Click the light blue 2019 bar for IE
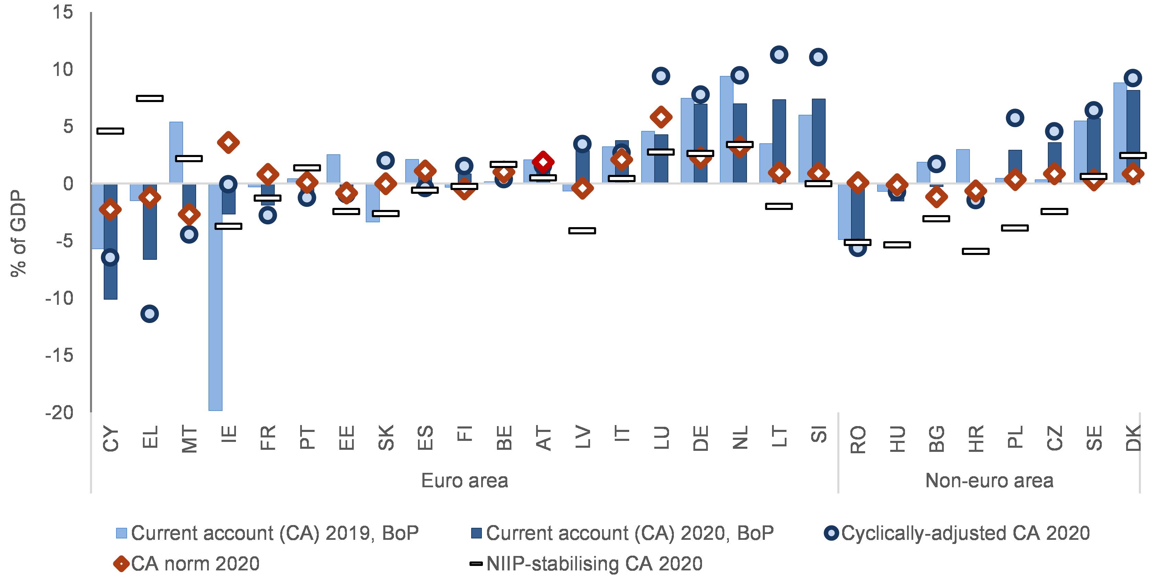pyautogui.click(x=215, y=296)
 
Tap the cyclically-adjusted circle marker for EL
pyautogui.click(x=149, y=313)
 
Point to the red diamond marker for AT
pyautogui.click(x=543, y=162)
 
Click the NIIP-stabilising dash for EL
pyautogui.click(x=149, y=98)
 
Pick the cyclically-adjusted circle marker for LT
pyautogui.click(x=779, y=55)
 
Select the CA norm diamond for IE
pyautogui.click(x=228, y=143)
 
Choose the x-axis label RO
pyautogui.click(x=858, y=439)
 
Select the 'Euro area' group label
pyautogui.click(x=465, y=481)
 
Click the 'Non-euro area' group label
pyautogui.click(x=989, y=481)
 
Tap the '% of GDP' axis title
pyautogui.click(x=19, y=233)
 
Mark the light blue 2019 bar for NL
pyautogui.click(x=726, y=130)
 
